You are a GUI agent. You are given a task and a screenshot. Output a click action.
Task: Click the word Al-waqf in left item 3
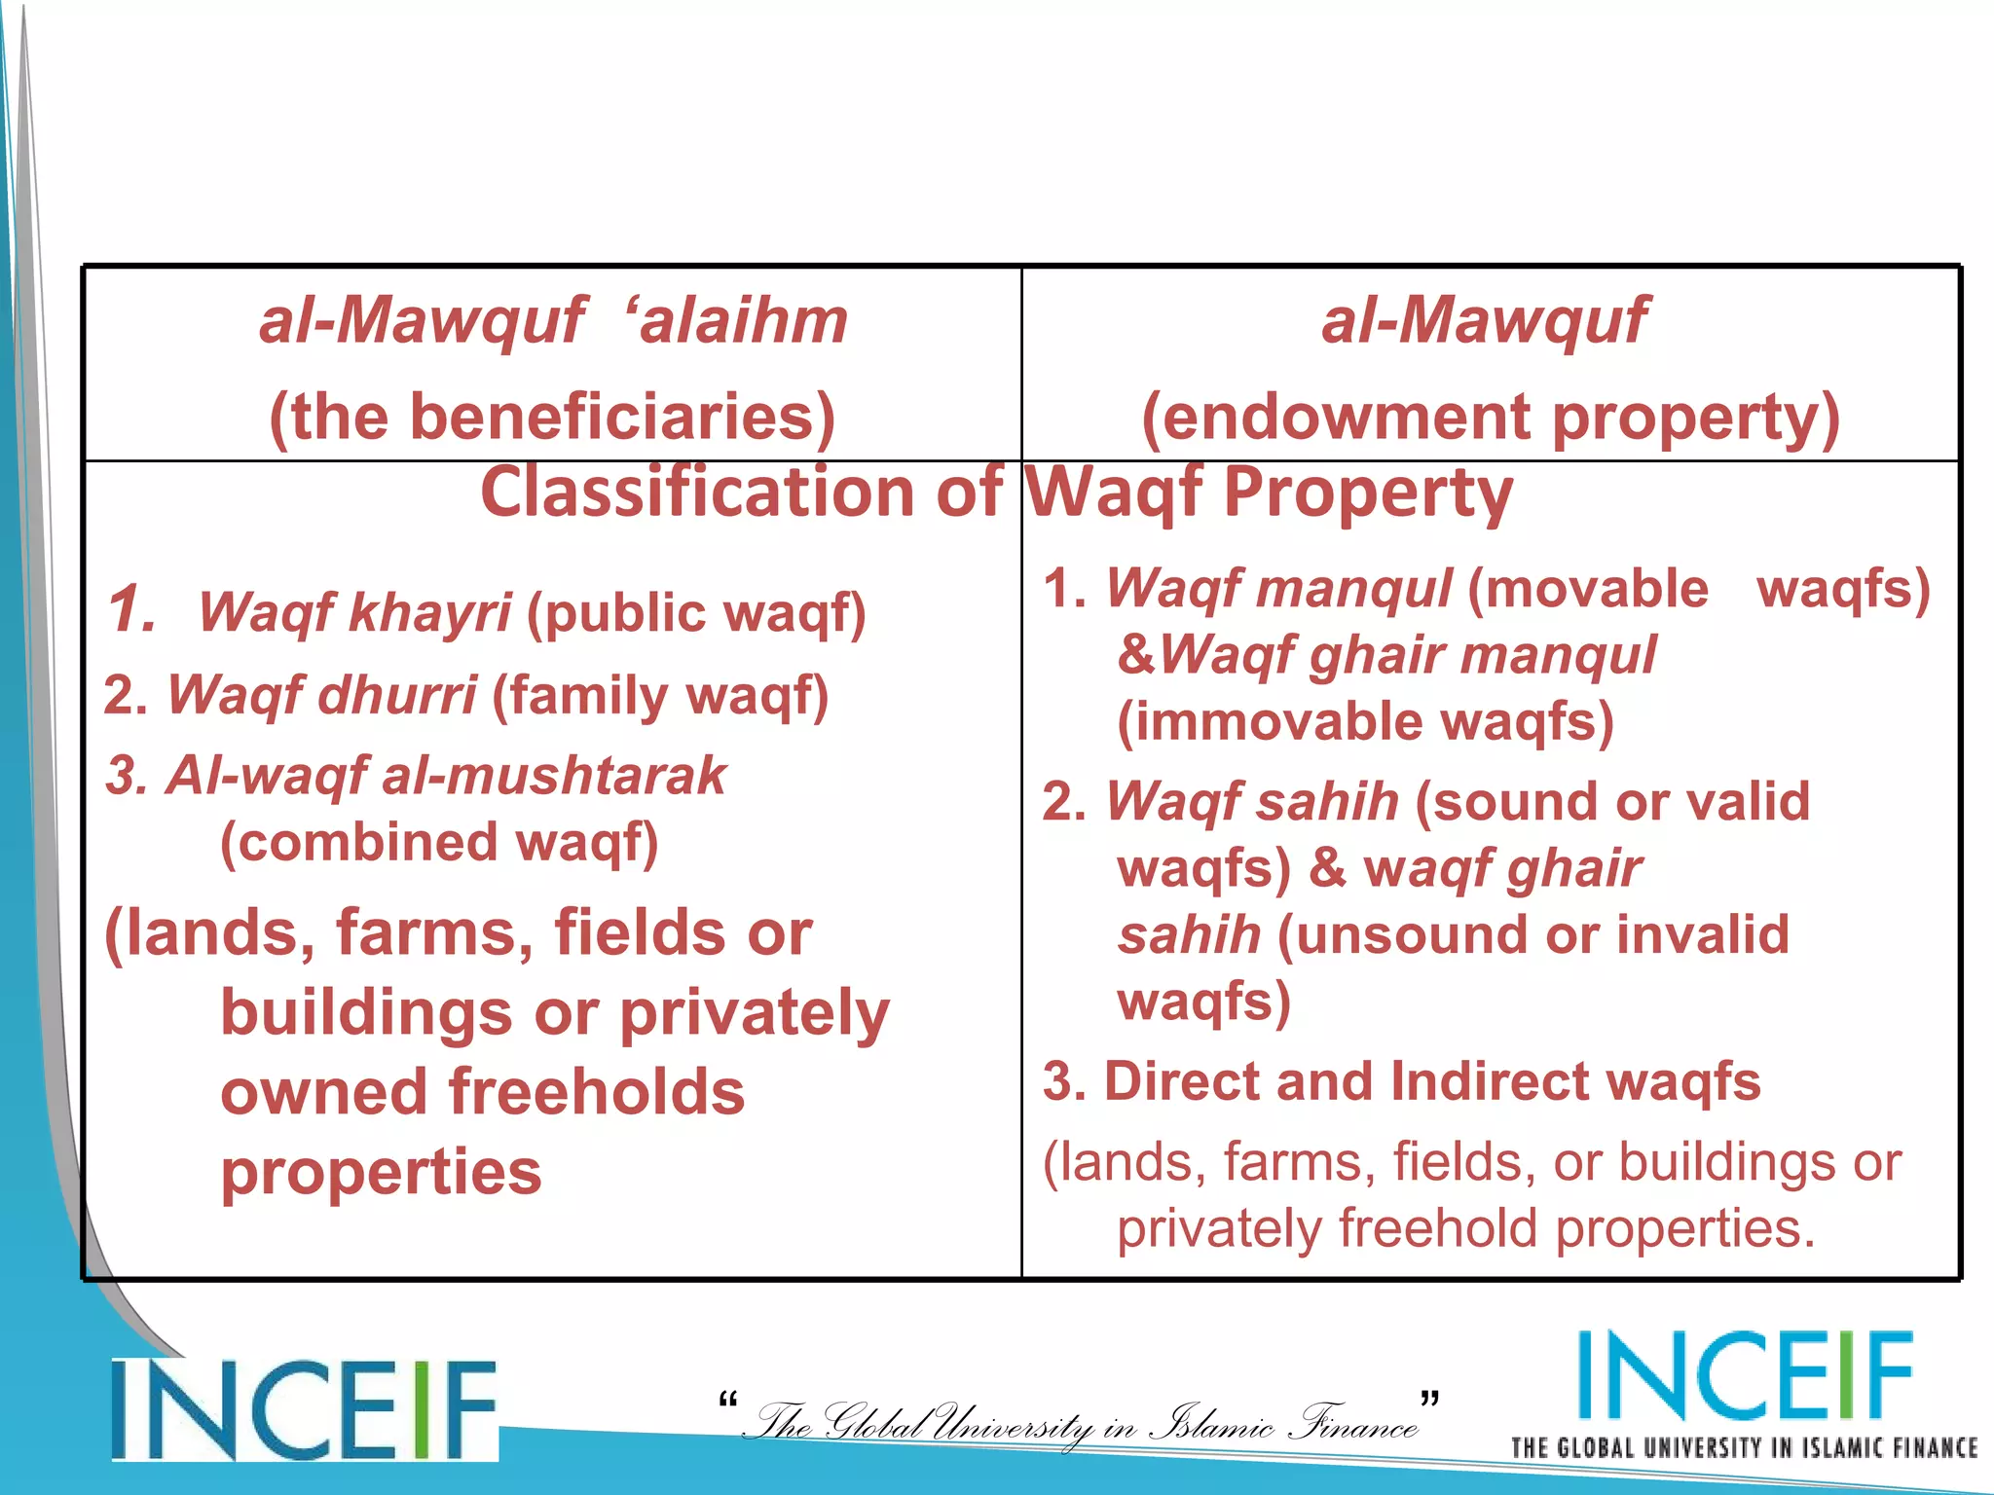[x=266, y=776]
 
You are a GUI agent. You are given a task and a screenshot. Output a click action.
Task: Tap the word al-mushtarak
[x=553, y=776]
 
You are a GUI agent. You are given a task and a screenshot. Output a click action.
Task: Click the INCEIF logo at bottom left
[x=304, y=1409]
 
